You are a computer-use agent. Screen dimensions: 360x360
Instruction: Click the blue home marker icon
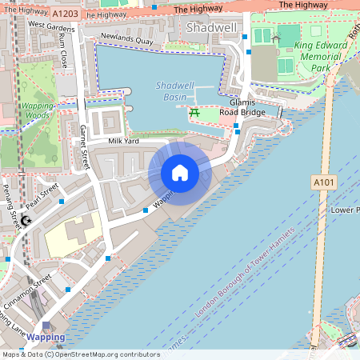[179, 173]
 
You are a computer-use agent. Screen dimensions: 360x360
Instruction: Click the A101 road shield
[322, 183]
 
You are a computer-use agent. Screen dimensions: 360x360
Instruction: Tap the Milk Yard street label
[123, 141]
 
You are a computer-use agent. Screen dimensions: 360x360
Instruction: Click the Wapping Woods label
[37, 110]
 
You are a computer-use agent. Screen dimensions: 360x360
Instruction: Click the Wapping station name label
[46, 338]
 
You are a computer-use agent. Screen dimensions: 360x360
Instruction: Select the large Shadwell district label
[210, 28]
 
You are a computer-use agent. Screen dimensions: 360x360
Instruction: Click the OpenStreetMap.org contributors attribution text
[109, 354]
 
